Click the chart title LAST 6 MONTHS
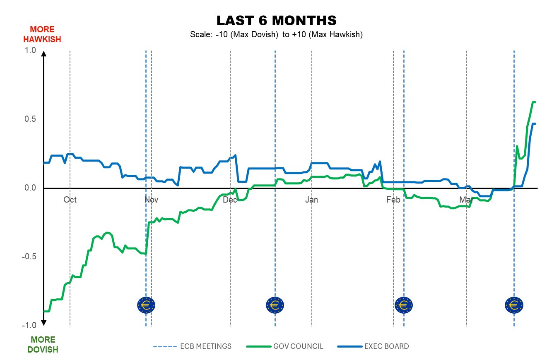coord(277,20)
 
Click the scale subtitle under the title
coord(277,35)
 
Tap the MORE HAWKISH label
coord(42,34)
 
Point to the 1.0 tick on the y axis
coord(31,50)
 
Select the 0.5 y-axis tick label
coord(31,119)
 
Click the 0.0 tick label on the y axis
coord(31,188)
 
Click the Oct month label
coord(70,200)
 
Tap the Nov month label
coord(152,200)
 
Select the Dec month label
coord(230,200)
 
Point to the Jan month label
coord(312,200)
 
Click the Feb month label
coord(393,200)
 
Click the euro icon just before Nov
coord(146,305)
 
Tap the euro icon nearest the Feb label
coord(404,305)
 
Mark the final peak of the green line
coord(534,102)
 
